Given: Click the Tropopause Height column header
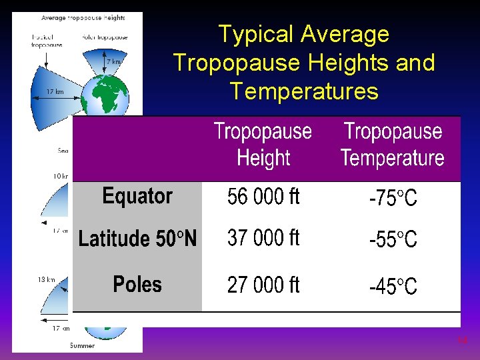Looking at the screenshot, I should [263, 145].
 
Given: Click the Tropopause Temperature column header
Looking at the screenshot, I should [392, 145].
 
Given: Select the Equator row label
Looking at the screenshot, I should [137, 196].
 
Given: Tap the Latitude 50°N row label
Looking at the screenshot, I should [137, 238].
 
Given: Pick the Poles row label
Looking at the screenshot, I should [137, 285].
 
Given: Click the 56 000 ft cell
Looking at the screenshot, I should [263, 197].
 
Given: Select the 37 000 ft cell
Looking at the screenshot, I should [263, 238].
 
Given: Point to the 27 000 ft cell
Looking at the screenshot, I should [263, 285].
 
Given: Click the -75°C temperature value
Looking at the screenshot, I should [393, 198].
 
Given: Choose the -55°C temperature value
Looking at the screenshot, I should [393, 239].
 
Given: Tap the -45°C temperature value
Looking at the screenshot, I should [393, 287].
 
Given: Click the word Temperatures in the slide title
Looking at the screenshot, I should [303, 90].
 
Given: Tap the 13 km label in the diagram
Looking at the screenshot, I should [46, 280].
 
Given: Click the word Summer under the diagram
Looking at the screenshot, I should [82, 345].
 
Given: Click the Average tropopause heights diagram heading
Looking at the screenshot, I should [83, 17].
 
